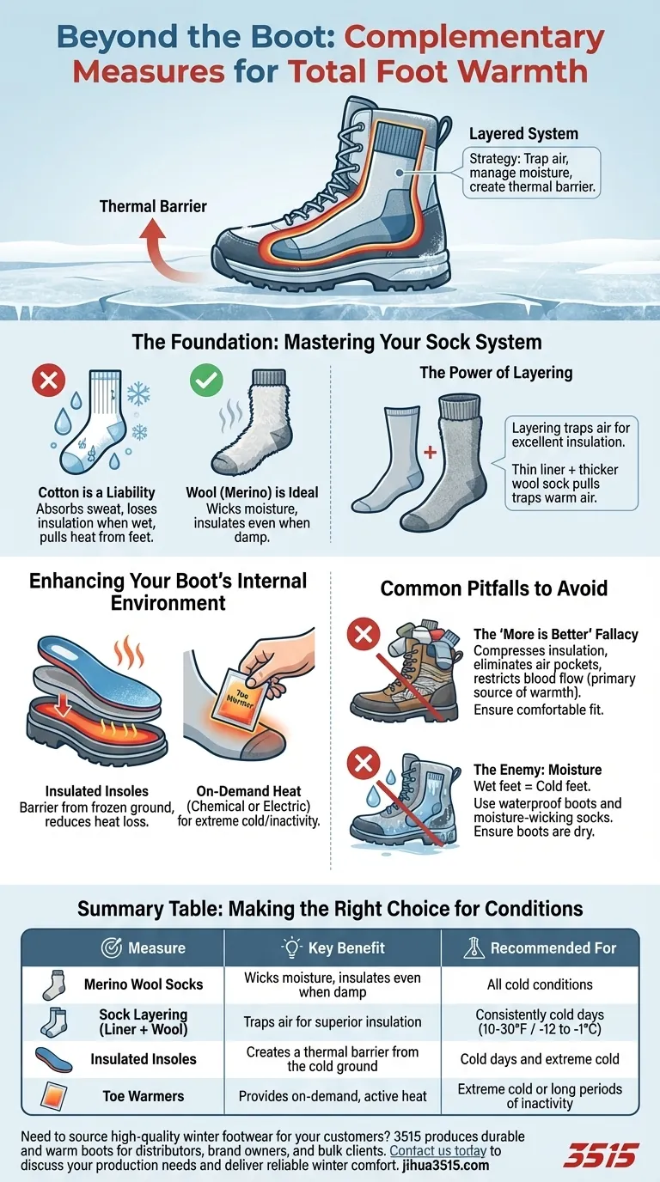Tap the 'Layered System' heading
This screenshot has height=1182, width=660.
(523, 134)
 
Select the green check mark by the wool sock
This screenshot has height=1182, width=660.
(206, 381)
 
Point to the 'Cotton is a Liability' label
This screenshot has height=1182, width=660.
(96, 493)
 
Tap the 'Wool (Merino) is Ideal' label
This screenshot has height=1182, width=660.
(252, 493)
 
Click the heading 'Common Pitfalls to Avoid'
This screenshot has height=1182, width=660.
(494, 588)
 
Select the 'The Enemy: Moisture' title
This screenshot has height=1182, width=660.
(537, 770)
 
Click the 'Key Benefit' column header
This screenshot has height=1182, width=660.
(333, 948)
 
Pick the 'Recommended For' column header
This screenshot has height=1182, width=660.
(541, 948)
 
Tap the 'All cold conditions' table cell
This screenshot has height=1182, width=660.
(540, 984)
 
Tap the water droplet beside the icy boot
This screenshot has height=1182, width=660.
(373, 798)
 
